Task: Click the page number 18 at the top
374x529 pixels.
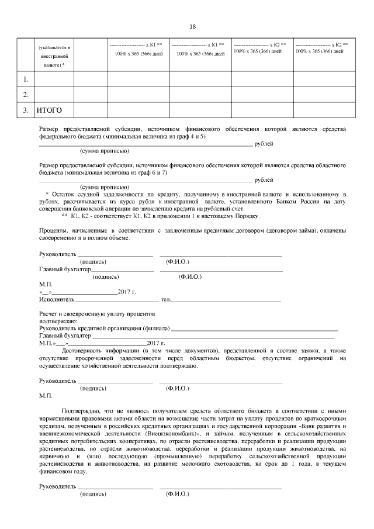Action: (193, 27)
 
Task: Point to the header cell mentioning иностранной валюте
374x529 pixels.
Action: (54, 57)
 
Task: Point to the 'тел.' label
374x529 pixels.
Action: (165, 299)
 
